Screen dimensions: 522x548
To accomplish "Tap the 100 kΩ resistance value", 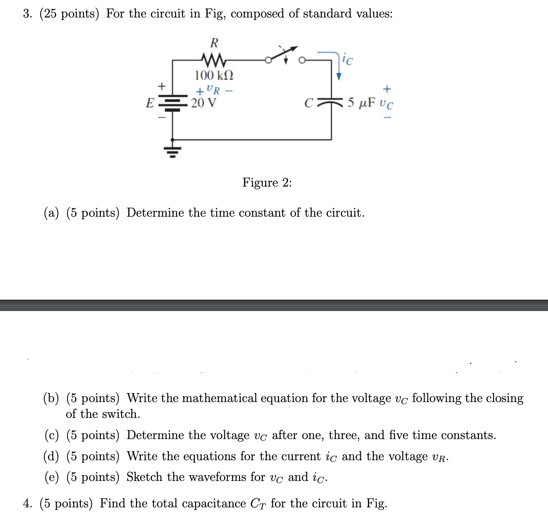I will pos(214,75).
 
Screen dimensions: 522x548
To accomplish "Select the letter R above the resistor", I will pos(214,43).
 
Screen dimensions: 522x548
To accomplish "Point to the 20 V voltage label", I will pos(204,103).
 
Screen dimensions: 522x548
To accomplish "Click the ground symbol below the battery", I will pos(173,151).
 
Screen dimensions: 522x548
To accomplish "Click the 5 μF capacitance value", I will pos(362,102).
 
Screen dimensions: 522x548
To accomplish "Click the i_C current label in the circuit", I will pos(347,60).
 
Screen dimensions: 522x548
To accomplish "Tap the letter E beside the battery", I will pos(150,103).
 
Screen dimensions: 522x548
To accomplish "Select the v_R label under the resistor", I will pos(213,89).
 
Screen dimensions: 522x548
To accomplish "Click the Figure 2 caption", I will pos(267,183).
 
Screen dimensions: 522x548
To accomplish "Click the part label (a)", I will pos(52,213).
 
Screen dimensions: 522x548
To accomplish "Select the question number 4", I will pos(28,504).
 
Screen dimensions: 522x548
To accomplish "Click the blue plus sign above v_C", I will pos(387,88).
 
